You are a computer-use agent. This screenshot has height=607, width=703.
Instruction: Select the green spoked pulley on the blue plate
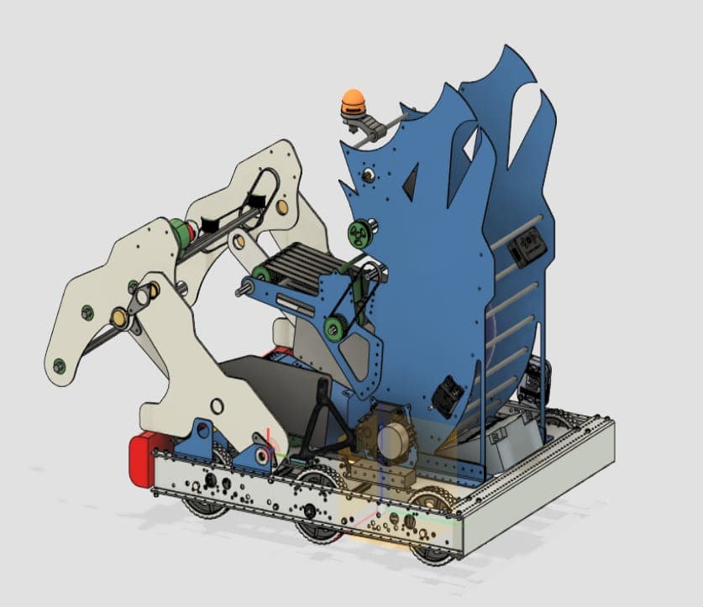tap(359, 232)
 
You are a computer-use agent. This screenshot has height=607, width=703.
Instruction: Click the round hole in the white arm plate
tap(217, 407)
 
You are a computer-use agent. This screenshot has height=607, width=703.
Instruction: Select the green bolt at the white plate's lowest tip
tap(58, 366)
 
